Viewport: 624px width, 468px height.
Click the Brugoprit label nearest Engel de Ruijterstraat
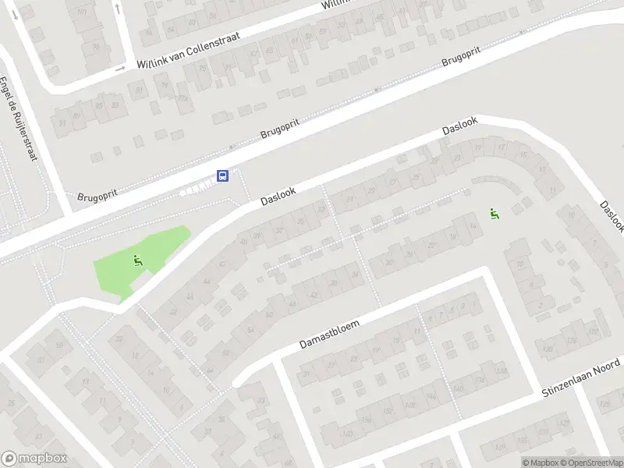click(97, 197)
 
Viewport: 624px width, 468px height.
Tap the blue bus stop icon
click(222, 175)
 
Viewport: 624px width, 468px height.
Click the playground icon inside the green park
click(138, 261)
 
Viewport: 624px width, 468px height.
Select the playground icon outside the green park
click(494, 212)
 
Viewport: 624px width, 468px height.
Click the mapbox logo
click(34, 459)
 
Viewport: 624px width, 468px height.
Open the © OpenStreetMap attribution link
click(591, 463)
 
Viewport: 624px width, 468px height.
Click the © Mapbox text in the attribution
click(539, 463)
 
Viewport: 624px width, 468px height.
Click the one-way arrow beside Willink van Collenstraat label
click(119, 69)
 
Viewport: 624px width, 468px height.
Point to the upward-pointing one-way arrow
click(117, 8)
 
